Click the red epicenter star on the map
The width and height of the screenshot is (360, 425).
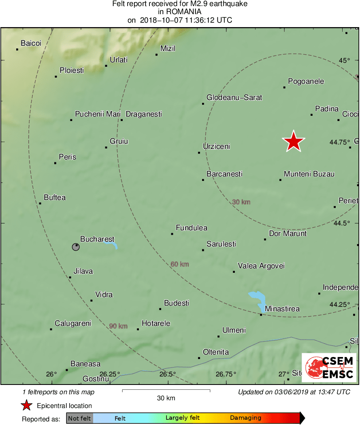(x=293, y=141)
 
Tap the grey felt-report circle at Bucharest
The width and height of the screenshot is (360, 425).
(x=76, y=247)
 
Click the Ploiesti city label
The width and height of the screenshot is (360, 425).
(x=72, y=70)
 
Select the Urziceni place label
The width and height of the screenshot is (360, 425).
(x=216, y=147)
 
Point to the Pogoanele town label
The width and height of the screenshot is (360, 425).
(x=306, y=81)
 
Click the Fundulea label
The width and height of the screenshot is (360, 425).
(x=192, y=228)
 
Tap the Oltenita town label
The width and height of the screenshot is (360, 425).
(x=215, y=352)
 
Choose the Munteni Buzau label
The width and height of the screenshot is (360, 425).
(x=309, y=174)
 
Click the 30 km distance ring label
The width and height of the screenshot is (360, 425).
(x=241, y=202)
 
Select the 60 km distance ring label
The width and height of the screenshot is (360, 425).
(x=180, y=264)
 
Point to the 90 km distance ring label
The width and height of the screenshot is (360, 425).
(x=118, y=326)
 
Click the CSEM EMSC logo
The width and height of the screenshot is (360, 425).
(x=329, y=368)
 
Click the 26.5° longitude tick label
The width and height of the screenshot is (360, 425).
(x=167, y=374)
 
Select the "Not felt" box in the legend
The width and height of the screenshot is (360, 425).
(x=79, y=419)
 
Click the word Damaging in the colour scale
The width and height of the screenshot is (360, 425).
(x=245, y=418)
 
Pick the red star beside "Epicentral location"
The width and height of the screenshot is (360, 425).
(x=26, y=406)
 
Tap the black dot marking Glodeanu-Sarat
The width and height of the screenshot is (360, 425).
(x=203, y=104)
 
